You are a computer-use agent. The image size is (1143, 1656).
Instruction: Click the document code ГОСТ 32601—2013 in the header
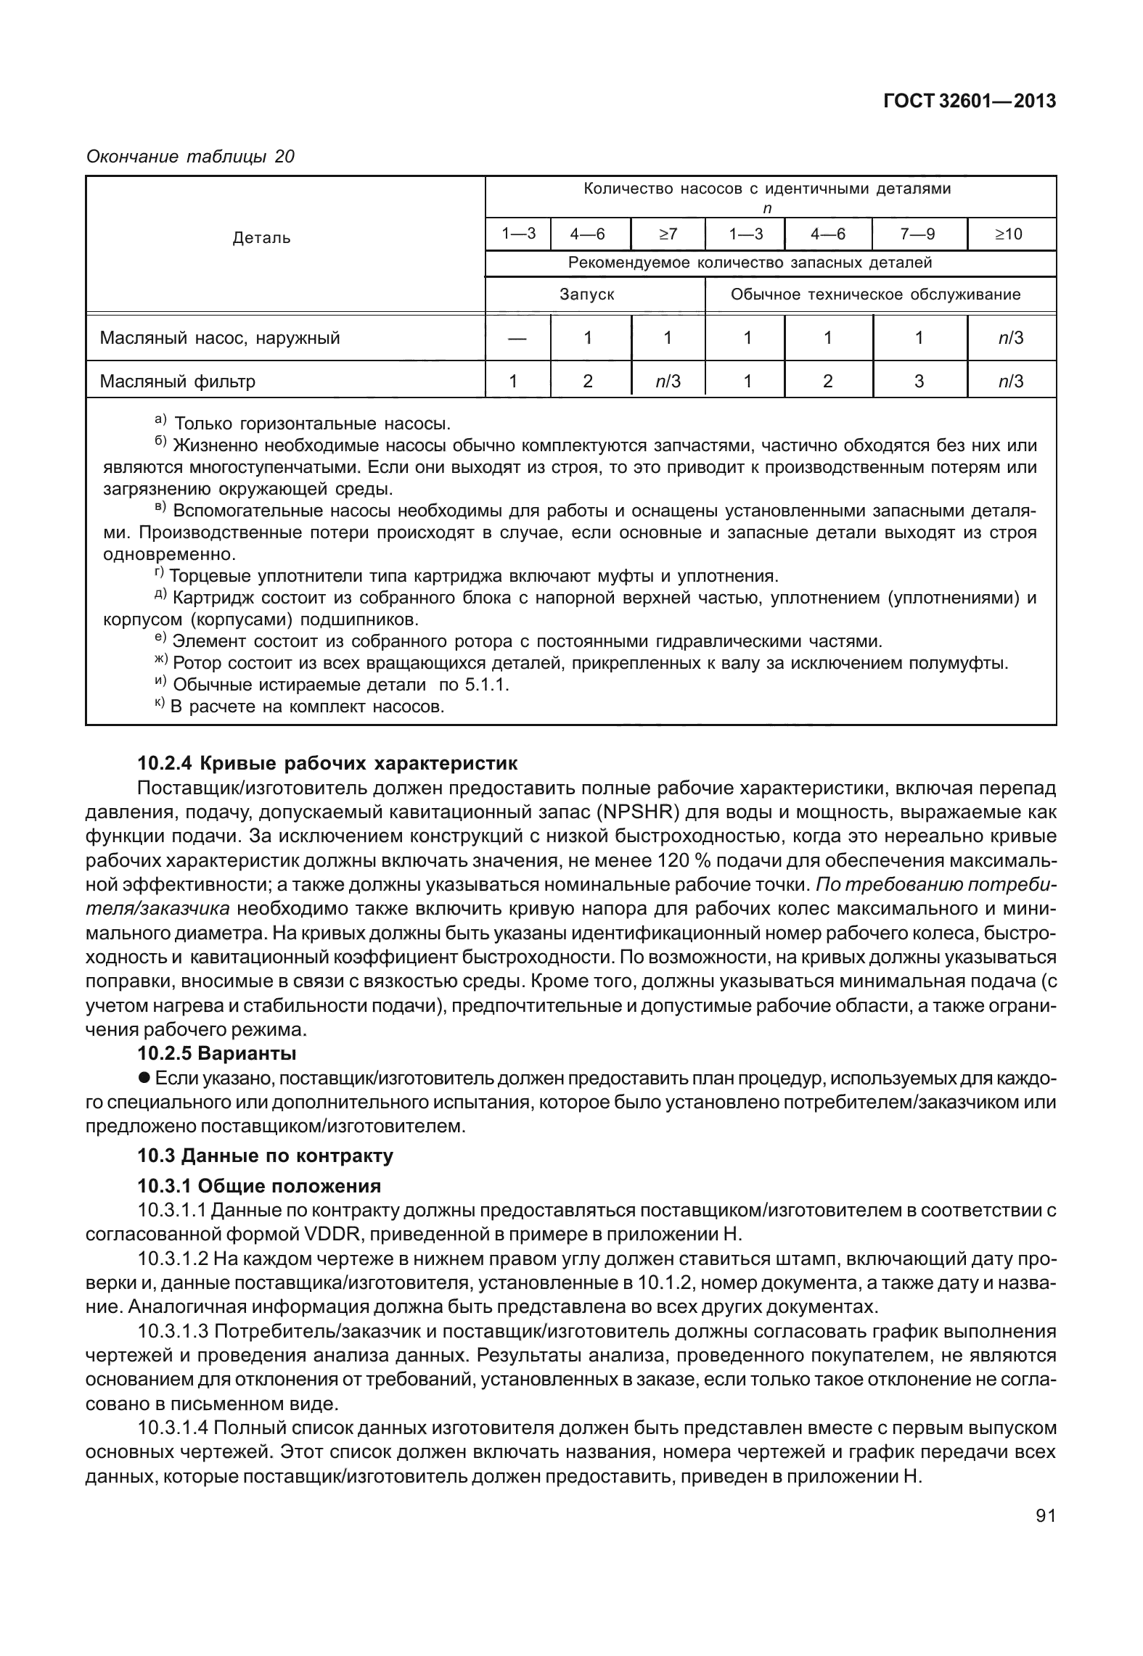click(969, 102)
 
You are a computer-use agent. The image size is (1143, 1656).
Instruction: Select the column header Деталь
click(261, 238)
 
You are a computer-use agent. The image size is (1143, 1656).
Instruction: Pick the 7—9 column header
click(919, 234)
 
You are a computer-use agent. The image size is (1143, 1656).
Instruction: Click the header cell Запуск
click(586, 294)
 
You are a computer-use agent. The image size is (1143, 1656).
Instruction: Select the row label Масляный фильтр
click(177, 381)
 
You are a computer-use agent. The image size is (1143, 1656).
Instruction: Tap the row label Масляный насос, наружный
click(219, 338)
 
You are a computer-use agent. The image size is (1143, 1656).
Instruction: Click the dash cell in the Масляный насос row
click(517, 338)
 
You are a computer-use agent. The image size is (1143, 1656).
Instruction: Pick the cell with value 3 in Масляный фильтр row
click(919, 381)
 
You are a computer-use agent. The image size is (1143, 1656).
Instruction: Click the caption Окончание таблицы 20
click(190, 156)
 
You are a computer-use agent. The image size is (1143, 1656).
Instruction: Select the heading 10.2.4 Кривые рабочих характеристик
click(327, 763)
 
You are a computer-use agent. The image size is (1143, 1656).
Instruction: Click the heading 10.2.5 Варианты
click(216, 1052)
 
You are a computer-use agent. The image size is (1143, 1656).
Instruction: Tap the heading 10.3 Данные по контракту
click(265, 1156)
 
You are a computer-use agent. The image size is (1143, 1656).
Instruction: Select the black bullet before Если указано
click(144, 1079)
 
